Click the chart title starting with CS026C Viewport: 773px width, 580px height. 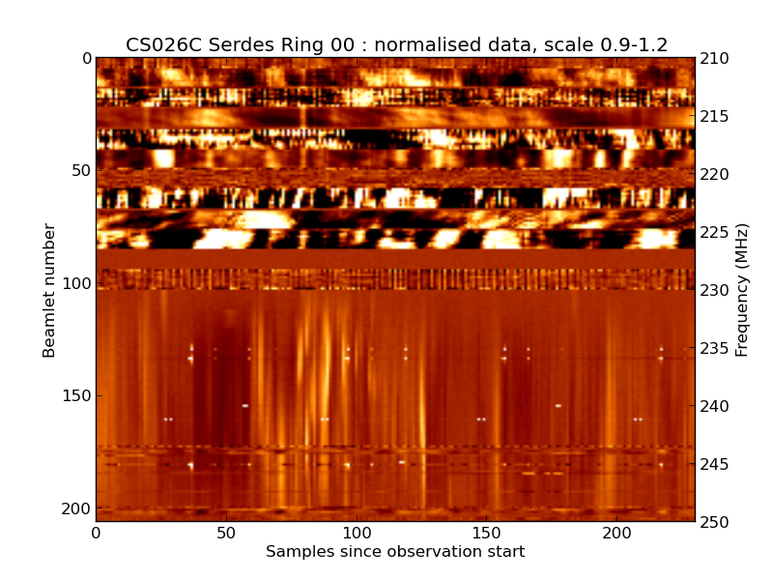(x=396, y=44)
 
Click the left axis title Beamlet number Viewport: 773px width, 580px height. (x=49, y=290)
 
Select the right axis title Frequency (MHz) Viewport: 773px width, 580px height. (x=742, y=290)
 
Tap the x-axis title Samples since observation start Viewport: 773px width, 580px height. (x=395, y=552)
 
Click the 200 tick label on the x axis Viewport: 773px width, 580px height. (x=616, y=533)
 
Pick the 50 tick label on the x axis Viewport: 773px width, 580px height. (x=226, y=533)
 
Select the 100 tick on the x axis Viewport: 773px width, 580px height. (x=357, y=533)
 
